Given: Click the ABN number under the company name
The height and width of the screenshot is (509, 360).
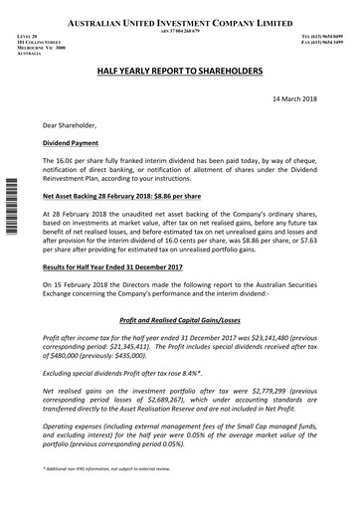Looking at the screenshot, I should click(x=179, y=31).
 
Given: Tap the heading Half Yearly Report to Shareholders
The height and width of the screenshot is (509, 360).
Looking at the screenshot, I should click(x=178, y=73).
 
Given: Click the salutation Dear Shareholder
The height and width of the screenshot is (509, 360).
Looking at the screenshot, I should click(x=71, y=126).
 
